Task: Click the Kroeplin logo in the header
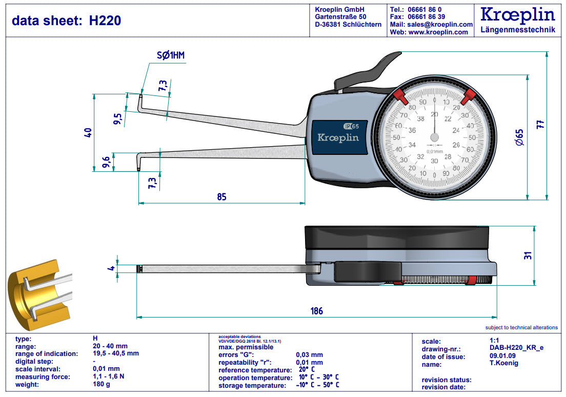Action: [517, 15]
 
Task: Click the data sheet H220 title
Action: [67, 21]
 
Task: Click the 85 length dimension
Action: [221, 196]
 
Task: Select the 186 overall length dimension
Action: [317, 311]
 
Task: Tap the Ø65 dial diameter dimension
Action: [519, 137]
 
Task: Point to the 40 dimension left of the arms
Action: [88, 132]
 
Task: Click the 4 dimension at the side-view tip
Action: [111, 268]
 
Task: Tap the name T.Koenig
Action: [504, 364]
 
